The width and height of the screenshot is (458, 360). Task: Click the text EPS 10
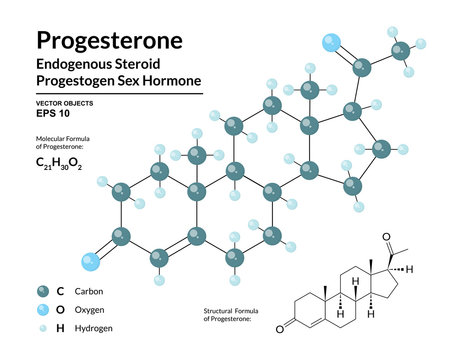coord(51,112)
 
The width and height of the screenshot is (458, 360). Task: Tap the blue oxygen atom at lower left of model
coord(90,263)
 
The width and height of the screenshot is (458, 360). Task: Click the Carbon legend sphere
coord(41,291)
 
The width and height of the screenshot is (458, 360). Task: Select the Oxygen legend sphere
coord(41,310)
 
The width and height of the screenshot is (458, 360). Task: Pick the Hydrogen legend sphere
coord(41,328)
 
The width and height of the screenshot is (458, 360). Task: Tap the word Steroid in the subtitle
coord(163,64)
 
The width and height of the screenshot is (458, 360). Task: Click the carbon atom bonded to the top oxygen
coord(363,67)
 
